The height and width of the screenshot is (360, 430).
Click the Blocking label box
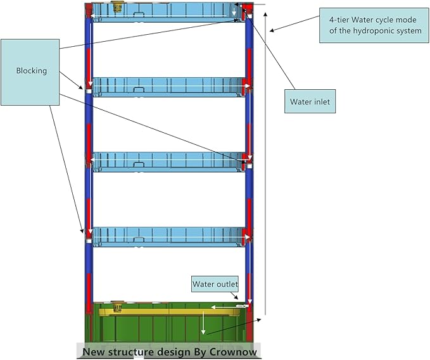[31, 71]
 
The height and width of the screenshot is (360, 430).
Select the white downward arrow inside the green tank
[203, 324]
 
